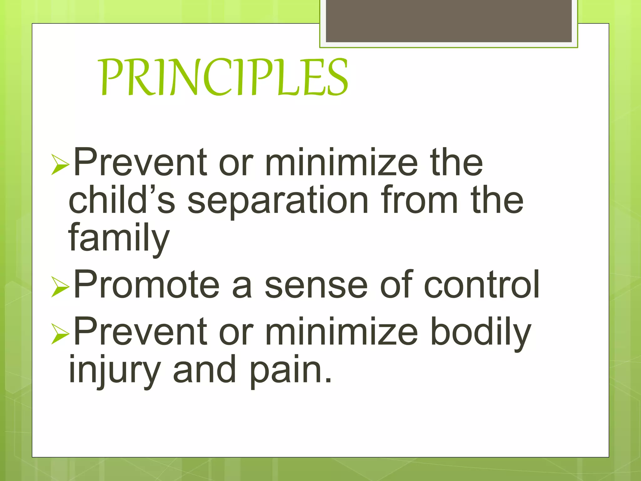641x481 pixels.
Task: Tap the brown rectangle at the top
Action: (x=449, y=21)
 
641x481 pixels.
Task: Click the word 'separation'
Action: (x=278, y=200)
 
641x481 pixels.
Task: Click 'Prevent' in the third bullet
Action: (x=140, y=332)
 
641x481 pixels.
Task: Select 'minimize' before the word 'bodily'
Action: (x=341, y=332)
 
